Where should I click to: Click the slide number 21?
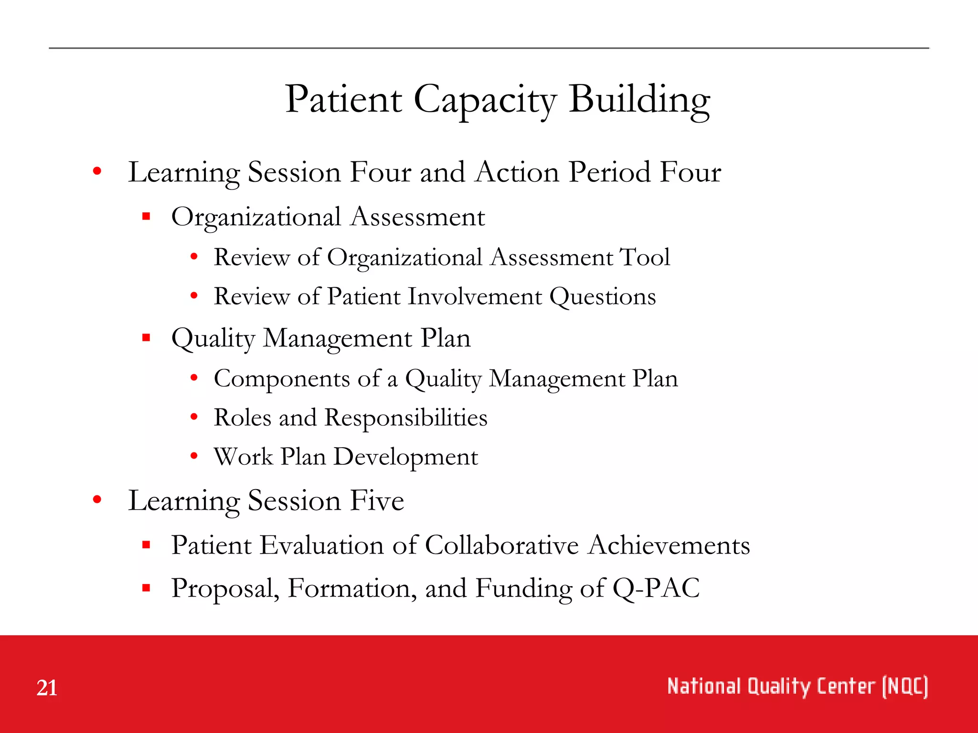coord(47,688)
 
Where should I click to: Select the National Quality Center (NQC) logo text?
coord(797,686)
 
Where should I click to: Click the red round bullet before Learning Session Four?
coord(97,171)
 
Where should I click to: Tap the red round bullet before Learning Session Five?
coord(97,500)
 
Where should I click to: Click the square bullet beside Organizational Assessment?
coord(147,217)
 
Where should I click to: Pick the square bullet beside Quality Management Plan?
coord(147,338)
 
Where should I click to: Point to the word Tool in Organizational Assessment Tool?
coord(645,257)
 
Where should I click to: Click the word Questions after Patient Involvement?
coord(603,296)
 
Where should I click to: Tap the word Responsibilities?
coord(406,418)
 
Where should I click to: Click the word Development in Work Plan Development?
coord(405,457)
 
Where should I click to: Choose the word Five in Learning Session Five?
coord(377,501)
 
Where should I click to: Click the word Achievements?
coord(669,545)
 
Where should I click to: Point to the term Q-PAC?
coord(656,588)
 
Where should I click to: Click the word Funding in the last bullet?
coord(523,588)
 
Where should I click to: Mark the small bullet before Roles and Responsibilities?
coord(194,417)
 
